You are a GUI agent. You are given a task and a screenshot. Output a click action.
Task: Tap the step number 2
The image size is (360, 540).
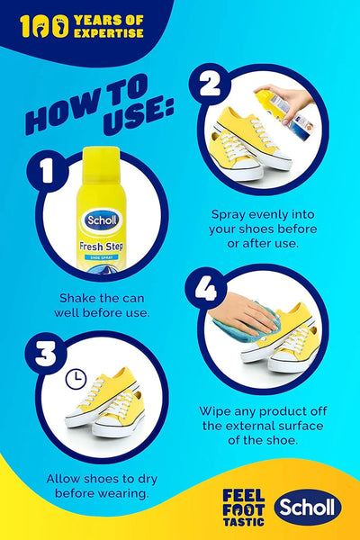tap(211, 84)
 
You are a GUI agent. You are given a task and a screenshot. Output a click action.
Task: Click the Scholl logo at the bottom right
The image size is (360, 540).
tap(308, 508)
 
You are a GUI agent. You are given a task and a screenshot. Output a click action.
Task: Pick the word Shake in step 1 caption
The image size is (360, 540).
tap(79, 298)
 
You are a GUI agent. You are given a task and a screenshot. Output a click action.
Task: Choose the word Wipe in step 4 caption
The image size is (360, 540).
tap(217, 412)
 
